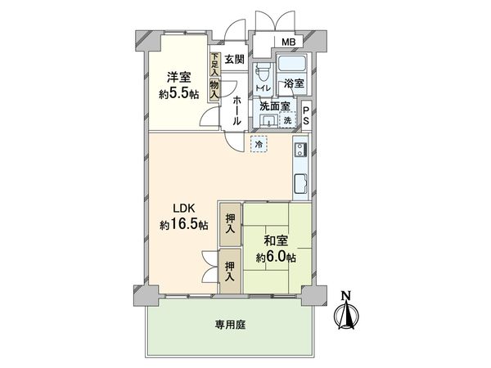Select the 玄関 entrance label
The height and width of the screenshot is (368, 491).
pos(236,59)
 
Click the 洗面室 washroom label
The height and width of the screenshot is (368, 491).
pos(275,105)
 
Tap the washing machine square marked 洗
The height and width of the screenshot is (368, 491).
pos(287,120)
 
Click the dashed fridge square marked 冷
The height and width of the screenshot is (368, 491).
pos(259,144)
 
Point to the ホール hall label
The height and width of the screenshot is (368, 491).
pos(236,110)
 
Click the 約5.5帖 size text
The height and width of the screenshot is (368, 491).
pos(178,94)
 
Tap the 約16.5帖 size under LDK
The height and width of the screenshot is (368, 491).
pos(182,223)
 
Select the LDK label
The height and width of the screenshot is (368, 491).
pos(182,207)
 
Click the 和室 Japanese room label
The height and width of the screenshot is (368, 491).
pos(274,242)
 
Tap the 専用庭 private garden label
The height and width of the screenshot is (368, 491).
pos(231,324)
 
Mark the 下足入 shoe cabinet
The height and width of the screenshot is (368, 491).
pos(214,65)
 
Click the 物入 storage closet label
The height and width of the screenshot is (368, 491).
pos(214,89)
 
